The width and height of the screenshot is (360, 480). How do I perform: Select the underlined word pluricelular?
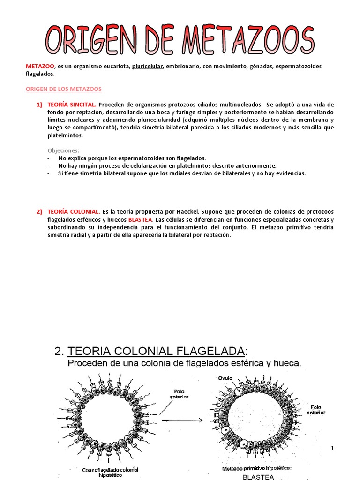tap(147, 66)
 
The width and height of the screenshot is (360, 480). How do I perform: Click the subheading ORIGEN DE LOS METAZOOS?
tap(63, 89)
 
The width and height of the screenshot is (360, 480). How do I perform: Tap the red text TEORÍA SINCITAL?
tap(72, 104)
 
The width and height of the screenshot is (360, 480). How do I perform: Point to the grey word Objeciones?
tap(64, 150)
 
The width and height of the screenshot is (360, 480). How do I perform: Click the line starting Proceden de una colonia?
tap(184, 363)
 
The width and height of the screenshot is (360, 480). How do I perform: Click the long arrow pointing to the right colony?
tap(183, 420)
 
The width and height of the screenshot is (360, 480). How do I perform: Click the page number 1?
tap(332, 449)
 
